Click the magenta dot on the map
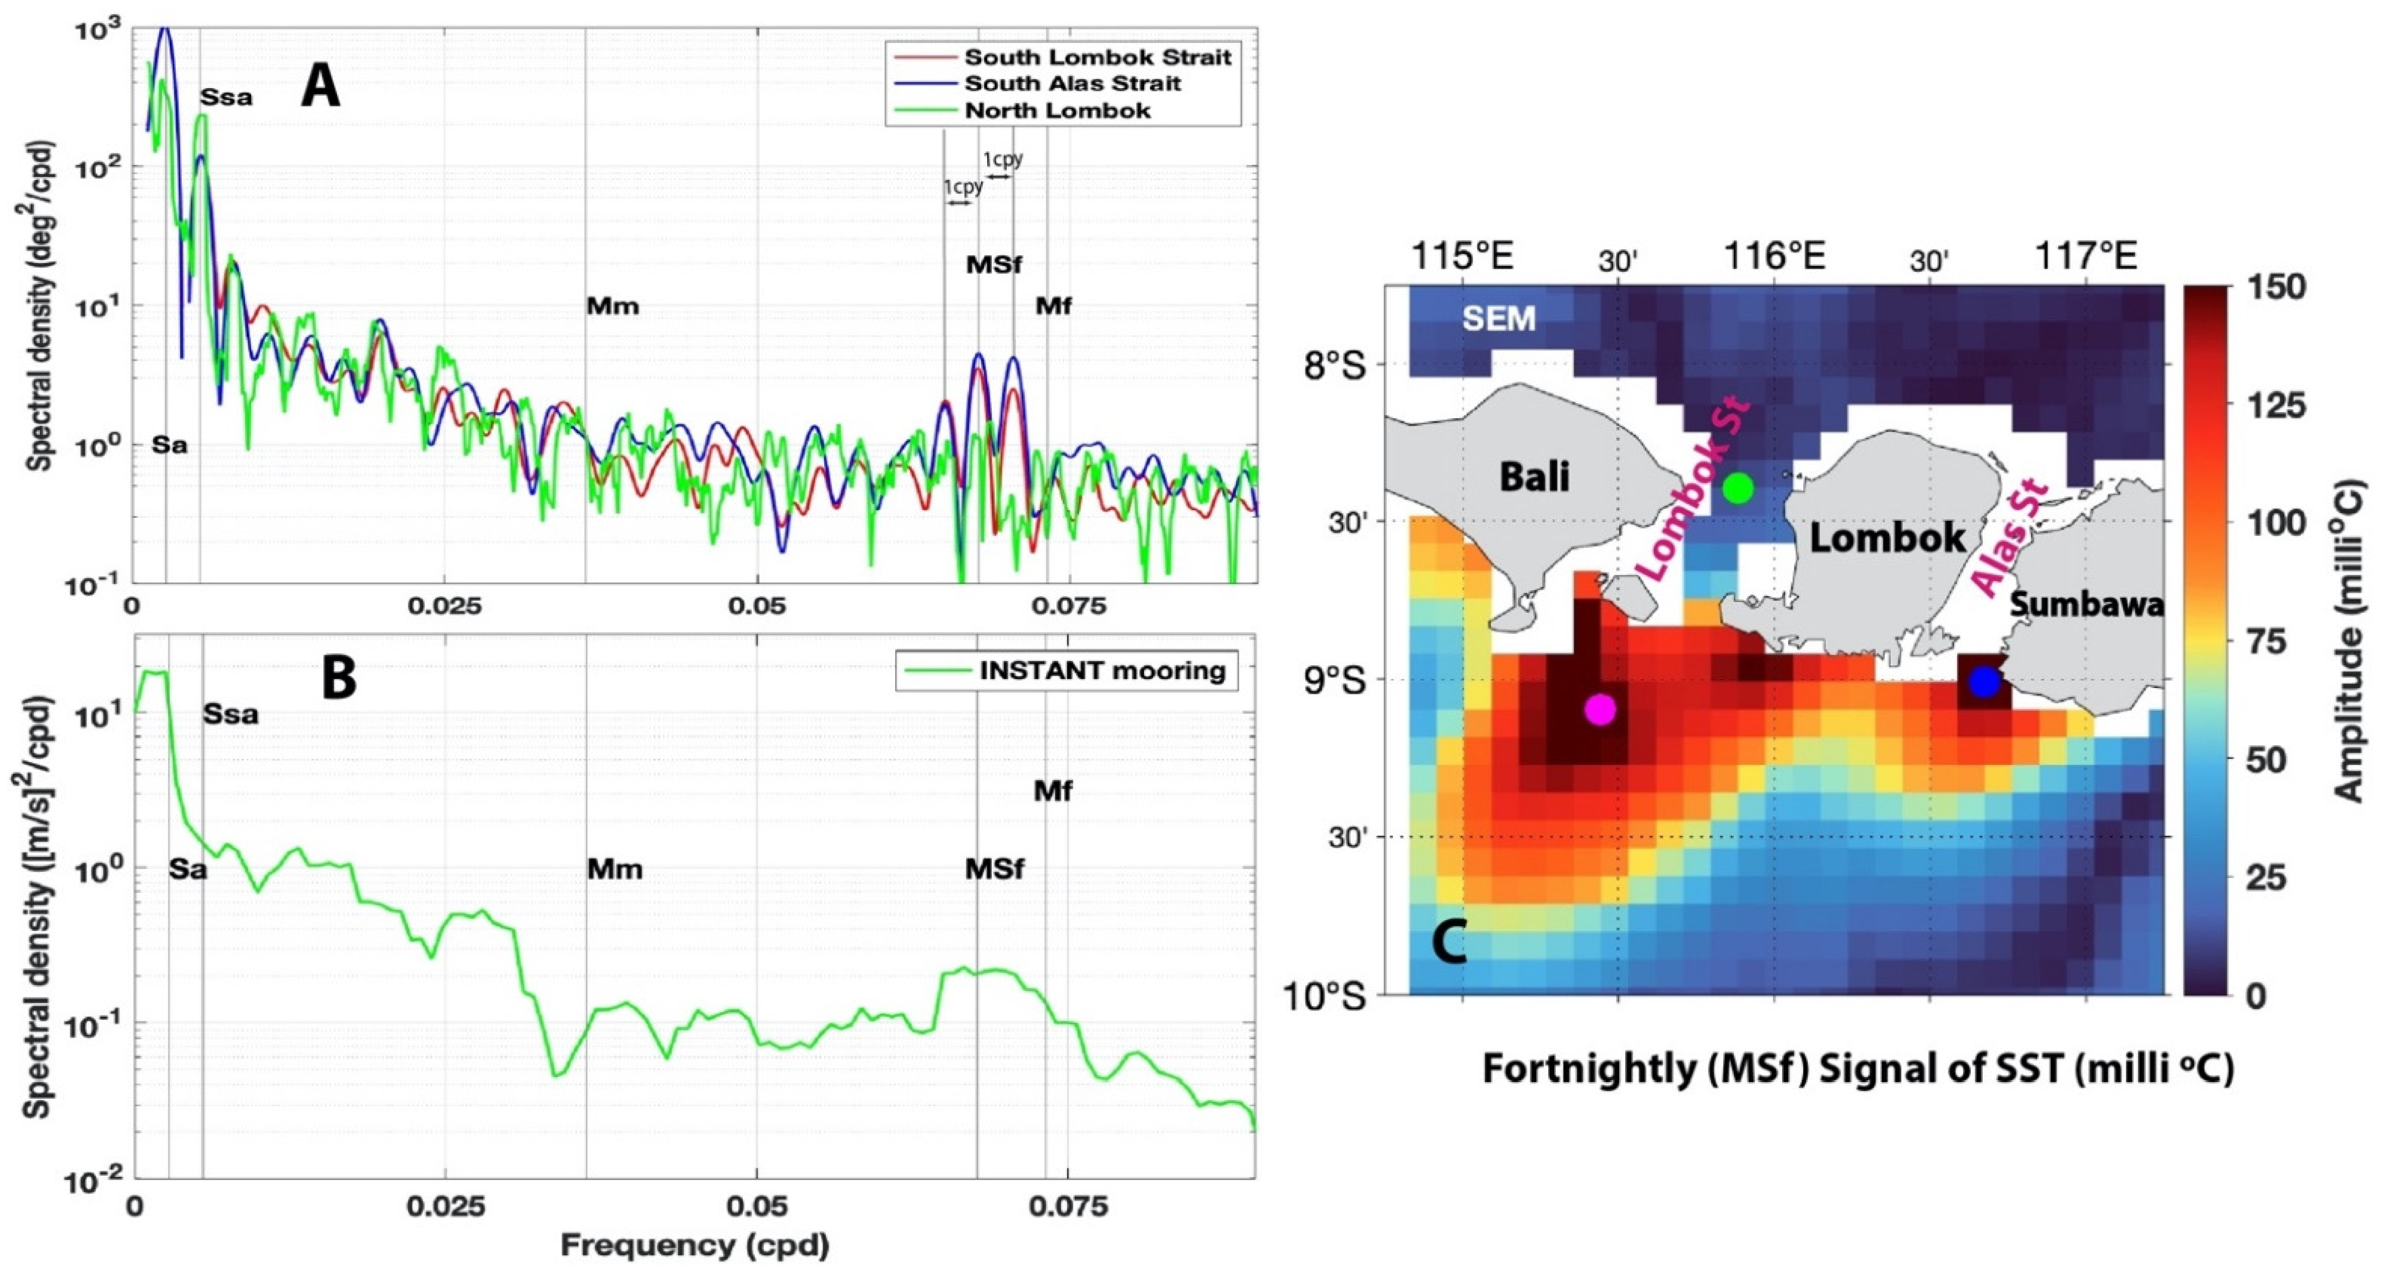coord(1599,709)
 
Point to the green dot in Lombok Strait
coord(1738,488)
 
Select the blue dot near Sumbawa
coord(1984,681)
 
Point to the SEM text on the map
coord(1499,319)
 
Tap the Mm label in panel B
coord(614,869)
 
